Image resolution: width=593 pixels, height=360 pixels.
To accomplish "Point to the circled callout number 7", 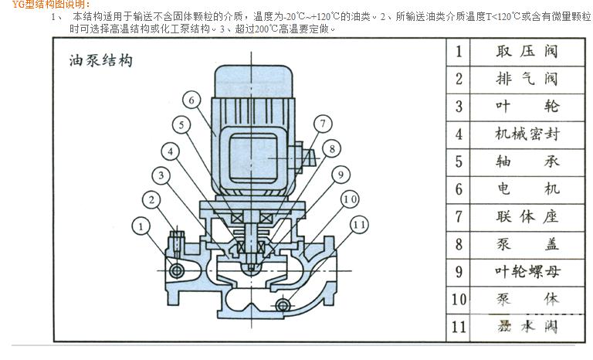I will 323,123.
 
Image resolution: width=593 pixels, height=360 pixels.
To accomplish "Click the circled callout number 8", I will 330,148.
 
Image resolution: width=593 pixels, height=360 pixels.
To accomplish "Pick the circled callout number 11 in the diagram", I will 359,226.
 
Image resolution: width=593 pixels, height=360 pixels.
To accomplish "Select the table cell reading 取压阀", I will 527,52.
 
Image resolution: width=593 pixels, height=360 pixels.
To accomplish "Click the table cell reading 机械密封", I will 527,134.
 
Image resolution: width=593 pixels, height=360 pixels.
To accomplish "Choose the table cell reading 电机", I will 527,188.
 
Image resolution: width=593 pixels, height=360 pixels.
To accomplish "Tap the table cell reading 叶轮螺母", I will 527,270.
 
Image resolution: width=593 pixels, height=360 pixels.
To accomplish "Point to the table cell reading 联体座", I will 527,216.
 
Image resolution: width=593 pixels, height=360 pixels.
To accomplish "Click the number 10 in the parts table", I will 459,299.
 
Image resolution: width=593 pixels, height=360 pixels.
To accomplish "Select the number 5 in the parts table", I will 459,161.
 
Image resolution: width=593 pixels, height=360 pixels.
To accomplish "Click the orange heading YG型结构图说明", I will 46,5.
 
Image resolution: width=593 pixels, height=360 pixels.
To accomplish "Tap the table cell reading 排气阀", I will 527,79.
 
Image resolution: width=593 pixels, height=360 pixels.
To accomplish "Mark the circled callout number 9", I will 339,175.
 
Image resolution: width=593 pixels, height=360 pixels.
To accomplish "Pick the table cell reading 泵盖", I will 527,243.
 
